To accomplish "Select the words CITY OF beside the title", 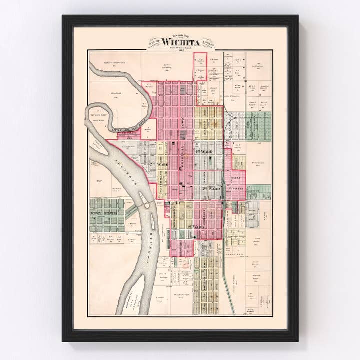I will [153, 43].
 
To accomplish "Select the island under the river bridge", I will [146, 202].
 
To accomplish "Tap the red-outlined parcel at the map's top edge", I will [200, 66].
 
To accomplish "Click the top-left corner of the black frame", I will [63, 16].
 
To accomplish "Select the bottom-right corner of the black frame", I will [297, 341].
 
